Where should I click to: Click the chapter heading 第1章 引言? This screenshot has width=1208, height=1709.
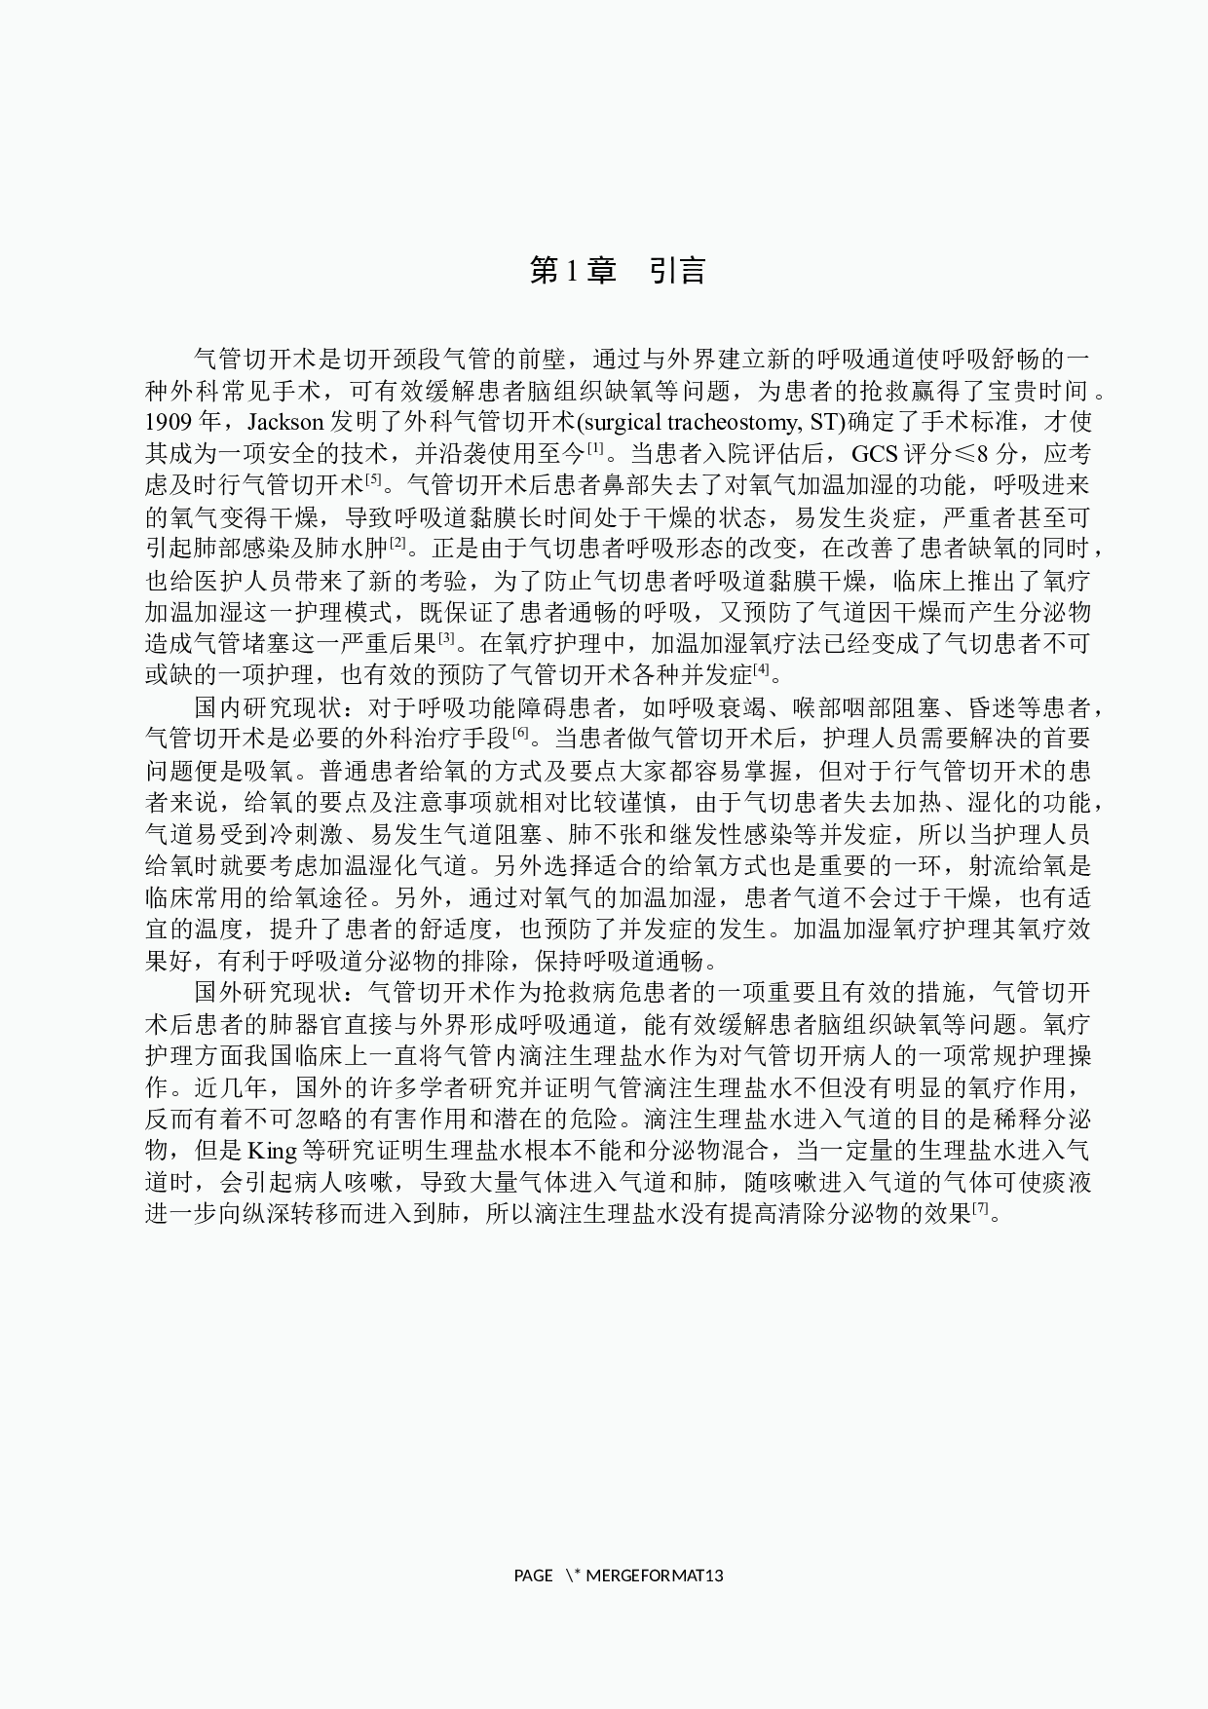618,271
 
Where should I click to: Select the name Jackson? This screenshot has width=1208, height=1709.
287,423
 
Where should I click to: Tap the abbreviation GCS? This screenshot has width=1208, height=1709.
875,454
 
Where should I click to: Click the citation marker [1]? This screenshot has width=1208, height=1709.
595,448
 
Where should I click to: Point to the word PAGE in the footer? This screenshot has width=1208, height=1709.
533,1576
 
